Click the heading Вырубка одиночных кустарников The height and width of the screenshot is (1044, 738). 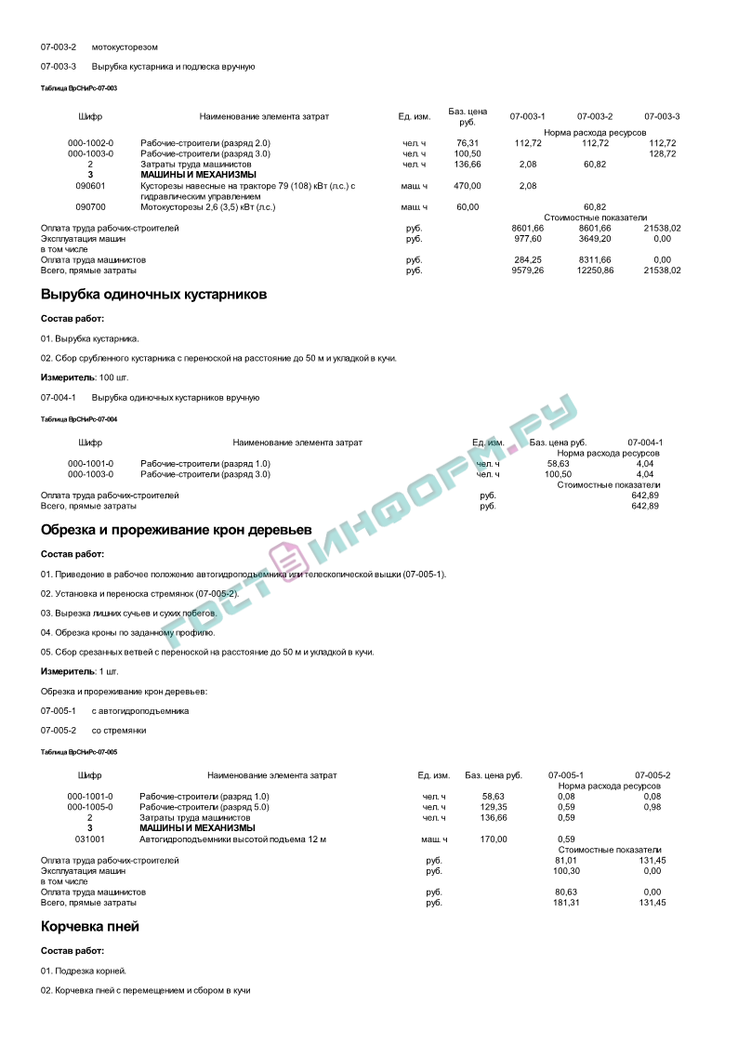[153, 295]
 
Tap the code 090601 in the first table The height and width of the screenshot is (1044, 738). [90, 186]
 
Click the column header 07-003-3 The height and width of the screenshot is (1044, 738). [662, 116]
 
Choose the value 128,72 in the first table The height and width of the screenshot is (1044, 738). [662, 153]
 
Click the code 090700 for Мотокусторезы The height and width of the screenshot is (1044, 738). [90, 207]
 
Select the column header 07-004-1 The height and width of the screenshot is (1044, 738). [645, 443]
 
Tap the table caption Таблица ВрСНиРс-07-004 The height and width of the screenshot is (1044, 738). [79, 419]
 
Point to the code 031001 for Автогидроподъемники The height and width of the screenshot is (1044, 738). [90, 839]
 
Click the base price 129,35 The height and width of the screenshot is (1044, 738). [494, 807]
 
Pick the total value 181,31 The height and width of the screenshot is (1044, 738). [566, 903]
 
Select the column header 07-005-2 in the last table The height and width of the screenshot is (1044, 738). [652, 775]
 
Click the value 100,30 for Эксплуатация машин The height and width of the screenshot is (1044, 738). [566, 871]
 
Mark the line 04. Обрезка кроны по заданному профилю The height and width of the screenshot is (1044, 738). [127, 632]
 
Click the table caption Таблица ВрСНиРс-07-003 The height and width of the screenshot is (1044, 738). [79, 87]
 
